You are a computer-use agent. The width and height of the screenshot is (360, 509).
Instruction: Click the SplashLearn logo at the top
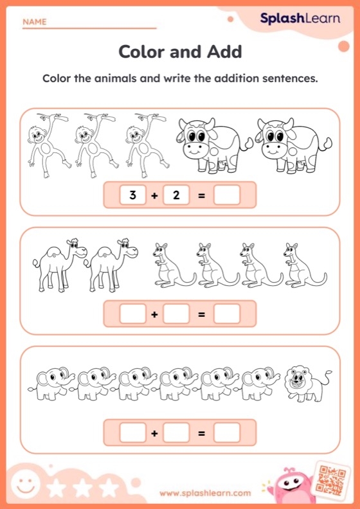[x=300, y=19]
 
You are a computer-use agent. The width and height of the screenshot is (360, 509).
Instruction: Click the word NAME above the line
[x=34, y=22]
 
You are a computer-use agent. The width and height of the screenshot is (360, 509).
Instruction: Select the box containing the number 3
[x=132, y=195]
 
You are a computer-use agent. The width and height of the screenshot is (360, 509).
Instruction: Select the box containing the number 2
[x=176, y=195]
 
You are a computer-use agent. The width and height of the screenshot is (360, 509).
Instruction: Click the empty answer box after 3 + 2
[x=226, y=195]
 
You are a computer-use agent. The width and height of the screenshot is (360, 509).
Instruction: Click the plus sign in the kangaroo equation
[x=154, y=314]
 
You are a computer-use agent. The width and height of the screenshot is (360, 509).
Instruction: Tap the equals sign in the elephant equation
[x=201, y=433]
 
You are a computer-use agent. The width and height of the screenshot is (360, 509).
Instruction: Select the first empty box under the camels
[x=132, y=314]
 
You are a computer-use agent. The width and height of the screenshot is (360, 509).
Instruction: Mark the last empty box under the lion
[x=226, y=433]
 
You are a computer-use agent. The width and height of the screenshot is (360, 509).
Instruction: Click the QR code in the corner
[x=332, y=479]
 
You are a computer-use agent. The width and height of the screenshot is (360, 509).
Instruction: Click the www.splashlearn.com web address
[x=205, y=494]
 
